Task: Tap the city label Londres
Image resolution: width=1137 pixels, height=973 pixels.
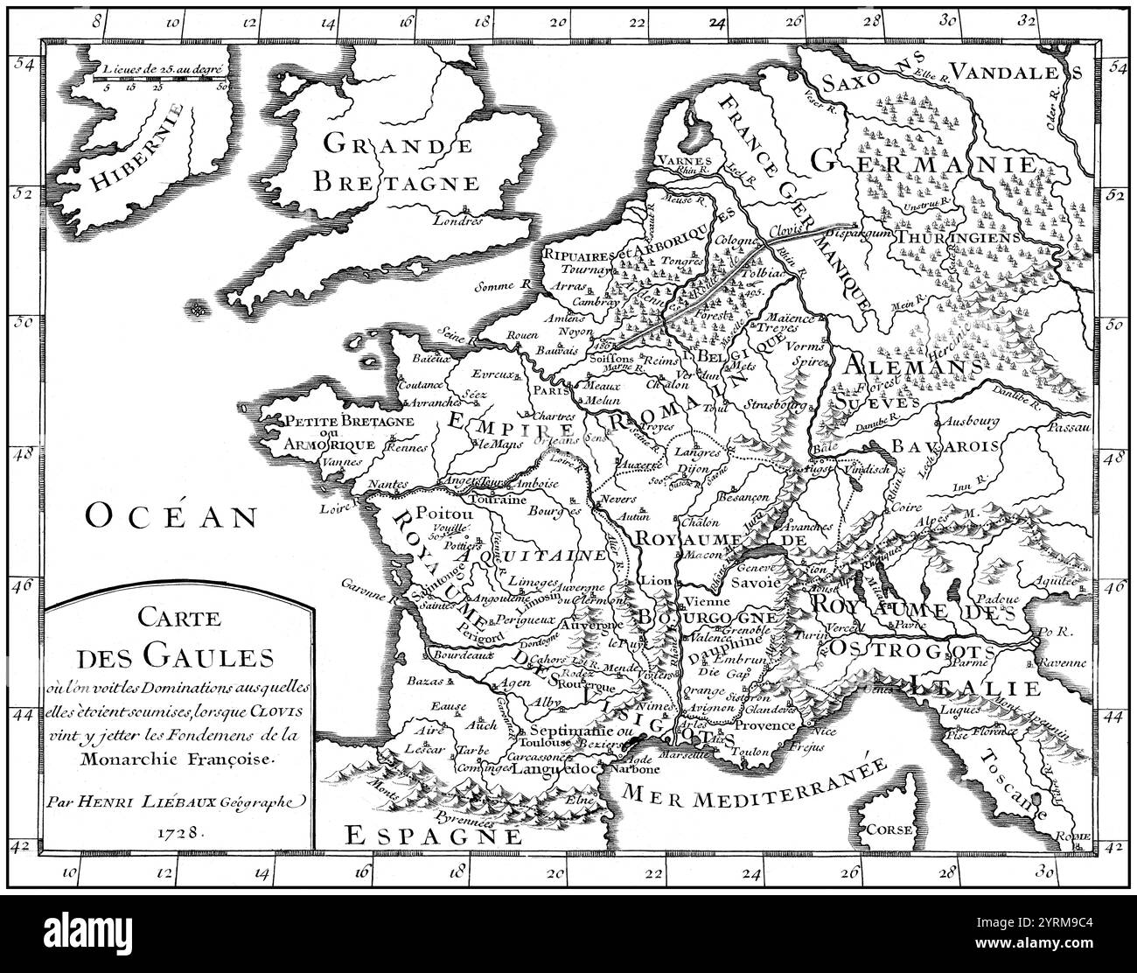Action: [x=461, y=220]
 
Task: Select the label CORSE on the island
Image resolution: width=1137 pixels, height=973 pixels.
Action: [x=889, y=829]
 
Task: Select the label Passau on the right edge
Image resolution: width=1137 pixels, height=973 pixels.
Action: [x=1069, y=427]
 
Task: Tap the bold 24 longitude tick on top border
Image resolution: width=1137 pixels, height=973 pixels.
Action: [x=716, y=24]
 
